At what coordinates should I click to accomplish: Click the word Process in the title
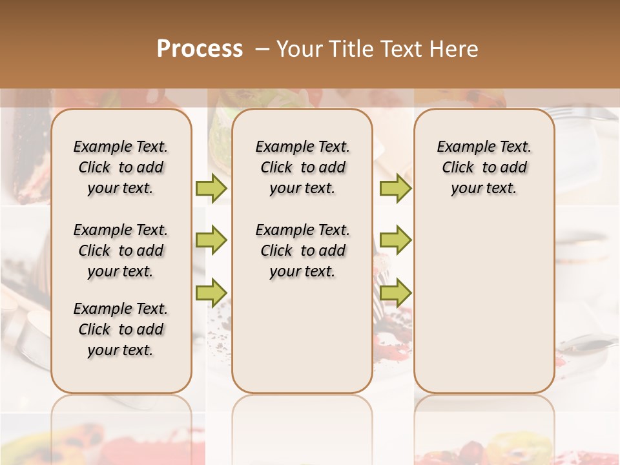[200, 49]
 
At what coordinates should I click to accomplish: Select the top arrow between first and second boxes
[211, 188]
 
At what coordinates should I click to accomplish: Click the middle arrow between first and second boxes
[211, 240]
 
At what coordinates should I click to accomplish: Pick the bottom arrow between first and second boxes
[211, 292]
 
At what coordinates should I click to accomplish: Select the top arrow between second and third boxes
[395, 188]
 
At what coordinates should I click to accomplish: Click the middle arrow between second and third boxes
[395, 240]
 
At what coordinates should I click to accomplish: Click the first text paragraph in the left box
[121, 167]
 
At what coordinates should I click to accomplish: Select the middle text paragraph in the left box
[121, 251]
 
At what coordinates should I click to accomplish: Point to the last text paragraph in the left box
[121, 329]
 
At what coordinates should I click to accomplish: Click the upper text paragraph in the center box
[302, 167]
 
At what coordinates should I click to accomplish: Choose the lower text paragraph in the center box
[302, 251]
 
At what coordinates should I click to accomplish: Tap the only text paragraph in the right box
[484, 167]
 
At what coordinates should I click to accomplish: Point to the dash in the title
[262, 49]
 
